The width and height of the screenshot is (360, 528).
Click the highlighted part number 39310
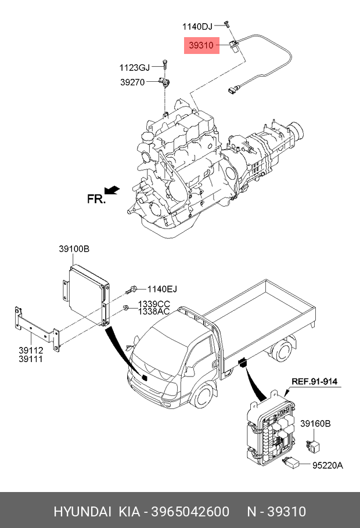(201, 45)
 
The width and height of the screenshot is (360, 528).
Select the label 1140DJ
(197, 26)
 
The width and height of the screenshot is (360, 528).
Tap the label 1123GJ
(134, 68)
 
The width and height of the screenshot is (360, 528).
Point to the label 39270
(132, 82)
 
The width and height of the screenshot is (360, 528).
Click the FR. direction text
(96, 198)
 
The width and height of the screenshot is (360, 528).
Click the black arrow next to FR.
(112, 190)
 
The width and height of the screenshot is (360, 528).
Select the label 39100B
(74, 249)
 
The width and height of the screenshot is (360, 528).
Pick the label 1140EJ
(162, 289)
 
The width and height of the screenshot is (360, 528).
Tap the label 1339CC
(154, 304)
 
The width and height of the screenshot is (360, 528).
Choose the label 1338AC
(154, 312)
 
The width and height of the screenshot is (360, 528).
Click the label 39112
(31, 350)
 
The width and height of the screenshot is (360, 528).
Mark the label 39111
(31, 359)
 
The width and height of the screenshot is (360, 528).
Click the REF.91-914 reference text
(314, 381)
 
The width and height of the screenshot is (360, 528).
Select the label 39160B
(315, 424)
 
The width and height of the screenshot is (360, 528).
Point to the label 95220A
(327, 465)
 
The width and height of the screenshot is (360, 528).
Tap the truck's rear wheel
(282, 350)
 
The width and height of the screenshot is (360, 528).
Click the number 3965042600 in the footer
(190, 512)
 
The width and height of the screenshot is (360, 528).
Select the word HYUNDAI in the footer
(82, 512)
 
